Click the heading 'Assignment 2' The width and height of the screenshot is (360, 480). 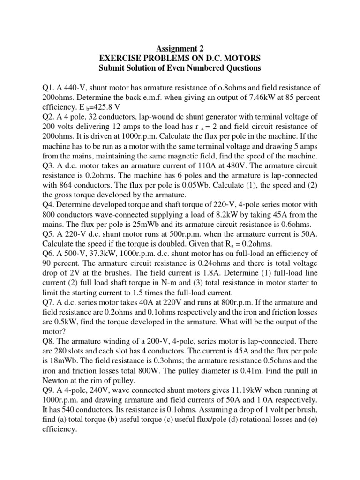pos(180,47)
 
